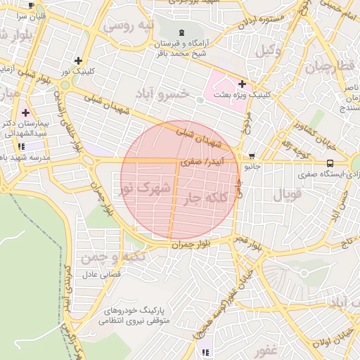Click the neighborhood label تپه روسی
coord(129,27)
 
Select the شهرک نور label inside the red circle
coord(144,188)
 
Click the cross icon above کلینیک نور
coord(77,61)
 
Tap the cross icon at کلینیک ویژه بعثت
coord(242,84)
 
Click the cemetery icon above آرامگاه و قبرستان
coord(182,32)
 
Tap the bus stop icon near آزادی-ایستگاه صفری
coord(330,163)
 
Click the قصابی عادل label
coord(101,274)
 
